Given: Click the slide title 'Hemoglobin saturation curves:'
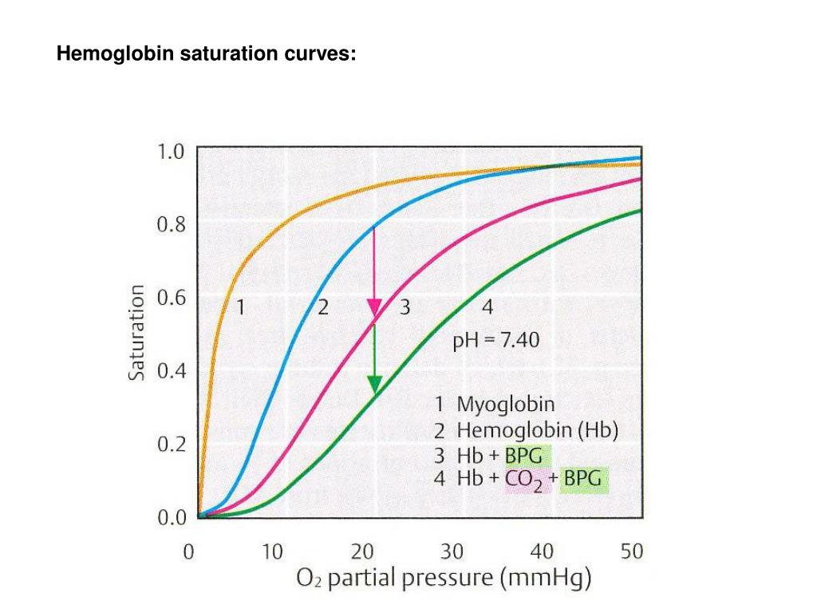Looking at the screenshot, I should click(206, 55).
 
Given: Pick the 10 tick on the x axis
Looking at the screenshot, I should click(273, 551).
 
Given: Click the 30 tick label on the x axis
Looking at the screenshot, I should click(452, 551).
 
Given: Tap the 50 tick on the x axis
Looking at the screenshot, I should click(631, 551).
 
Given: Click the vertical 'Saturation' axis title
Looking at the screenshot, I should click(137, 331).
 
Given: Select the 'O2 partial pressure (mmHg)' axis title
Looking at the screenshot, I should click(444, 579).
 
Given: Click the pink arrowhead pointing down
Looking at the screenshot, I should click(374, 308).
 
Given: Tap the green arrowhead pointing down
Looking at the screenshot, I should click(374, 384).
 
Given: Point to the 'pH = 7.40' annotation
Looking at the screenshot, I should click(495, 341).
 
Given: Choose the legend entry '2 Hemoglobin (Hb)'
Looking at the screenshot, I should click(526, 431).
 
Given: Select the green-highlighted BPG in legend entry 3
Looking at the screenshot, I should click(523, 457).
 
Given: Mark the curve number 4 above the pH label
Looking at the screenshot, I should click(487, 306).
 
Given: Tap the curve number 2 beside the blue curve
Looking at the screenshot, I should click(322, 306).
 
